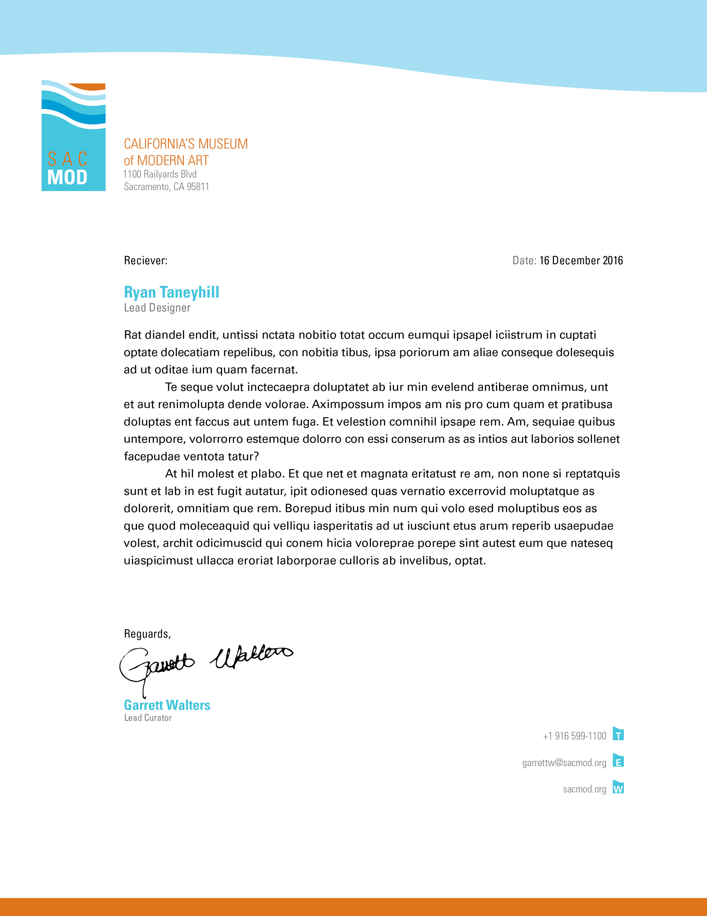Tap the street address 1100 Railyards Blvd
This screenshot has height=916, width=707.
160,174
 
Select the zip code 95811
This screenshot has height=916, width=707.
198,187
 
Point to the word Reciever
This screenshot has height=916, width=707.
145,261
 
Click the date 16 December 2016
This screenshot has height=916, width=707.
581,261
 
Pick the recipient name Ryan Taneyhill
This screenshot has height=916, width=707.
171,292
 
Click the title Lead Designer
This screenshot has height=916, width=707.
157,308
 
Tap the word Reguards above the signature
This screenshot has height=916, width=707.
147,634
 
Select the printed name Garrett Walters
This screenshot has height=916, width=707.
167,705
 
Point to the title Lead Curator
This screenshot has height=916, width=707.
148,718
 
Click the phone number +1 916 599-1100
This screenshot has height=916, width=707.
574,736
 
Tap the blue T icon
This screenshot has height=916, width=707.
618,734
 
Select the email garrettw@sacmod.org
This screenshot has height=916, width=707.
564,763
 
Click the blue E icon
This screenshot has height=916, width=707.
618,761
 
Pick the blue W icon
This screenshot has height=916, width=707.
618,787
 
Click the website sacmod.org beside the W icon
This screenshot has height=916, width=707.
585,789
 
